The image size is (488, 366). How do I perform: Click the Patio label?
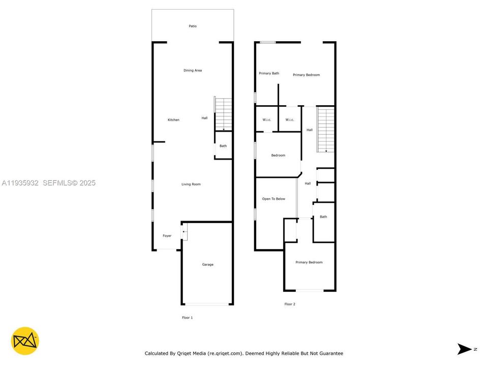pos(193,26)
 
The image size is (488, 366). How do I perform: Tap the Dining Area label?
pos(193,70)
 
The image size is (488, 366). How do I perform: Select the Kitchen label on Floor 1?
pos(173,120)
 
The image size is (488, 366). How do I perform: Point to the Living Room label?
pos(191,184)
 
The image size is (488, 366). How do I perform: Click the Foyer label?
pos(167,236)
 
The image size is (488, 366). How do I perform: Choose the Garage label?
pos(207,264)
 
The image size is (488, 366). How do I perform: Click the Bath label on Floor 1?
pos(223,146)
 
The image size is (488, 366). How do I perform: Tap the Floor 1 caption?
pos(187,318)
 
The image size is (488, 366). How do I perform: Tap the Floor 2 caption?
pos(290,304)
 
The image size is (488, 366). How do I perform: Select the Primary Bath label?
pos(269,73)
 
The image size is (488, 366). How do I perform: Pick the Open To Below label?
pos(273,199)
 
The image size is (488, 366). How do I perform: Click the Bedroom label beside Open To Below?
pos(278,155)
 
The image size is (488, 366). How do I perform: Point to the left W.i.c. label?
pos(267,120)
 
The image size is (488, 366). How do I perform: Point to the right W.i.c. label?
pos(290,120)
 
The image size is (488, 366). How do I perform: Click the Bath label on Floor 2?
pos(323,217)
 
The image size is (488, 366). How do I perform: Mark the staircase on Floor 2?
pos(326,129)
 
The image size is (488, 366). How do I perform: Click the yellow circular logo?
pos(25,341)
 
